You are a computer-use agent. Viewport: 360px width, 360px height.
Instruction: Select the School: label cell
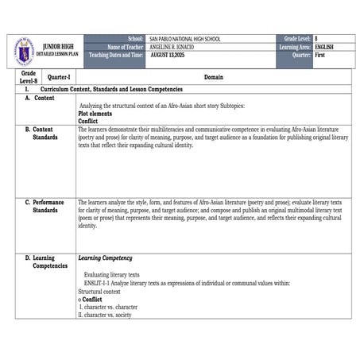[x=135, y=39]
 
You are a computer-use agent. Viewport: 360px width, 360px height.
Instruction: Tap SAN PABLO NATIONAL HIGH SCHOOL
[x=184, y=39]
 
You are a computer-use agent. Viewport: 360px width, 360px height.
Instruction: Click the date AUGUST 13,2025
[x=171, y=56]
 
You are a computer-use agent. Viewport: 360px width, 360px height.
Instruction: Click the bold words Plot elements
[x=96, y=114]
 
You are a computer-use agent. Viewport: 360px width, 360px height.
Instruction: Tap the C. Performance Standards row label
[x=45, y=206]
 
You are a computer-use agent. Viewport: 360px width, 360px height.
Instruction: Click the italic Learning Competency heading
[x=105, y=258]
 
